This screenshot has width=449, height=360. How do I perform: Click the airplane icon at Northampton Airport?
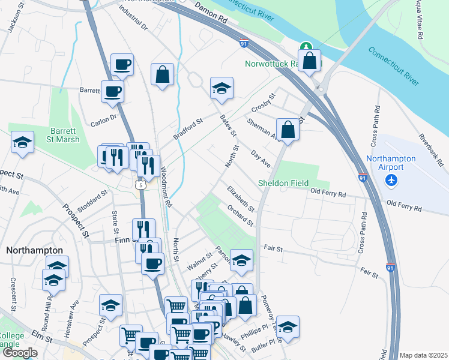[x=393, y=179]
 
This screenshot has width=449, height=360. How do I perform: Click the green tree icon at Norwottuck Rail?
[x=306, y=47]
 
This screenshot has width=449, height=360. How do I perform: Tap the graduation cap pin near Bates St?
[x=221, y=88]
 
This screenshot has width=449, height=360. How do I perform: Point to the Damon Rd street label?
[x=211, y=13]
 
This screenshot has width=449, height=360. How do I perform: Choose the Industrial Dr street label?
[x=133, y=18]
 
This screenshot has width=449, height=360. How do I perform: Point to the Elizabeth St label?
[x=241, y=199]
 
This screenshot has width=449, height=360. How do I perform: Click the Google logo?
[x=20, y=353]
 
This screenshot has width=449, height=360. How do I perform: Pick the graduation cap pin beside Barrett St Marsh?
[x=22, y=142]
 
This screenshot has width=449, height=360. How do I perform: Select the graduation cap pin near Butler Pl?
[x=288, y=326]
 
